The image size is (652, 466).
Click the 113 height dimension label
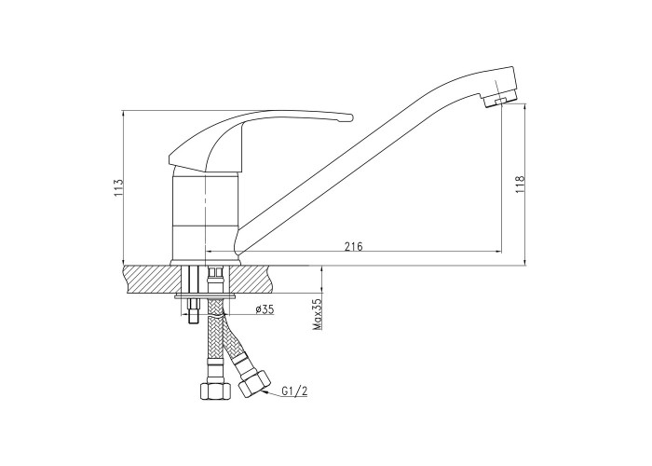pos(118,187)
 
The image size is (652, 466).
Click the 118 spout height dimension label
pos(520,184)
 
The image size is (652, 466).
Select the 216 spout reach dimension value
pos(353,246)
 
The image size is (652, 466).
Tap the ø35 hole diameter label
pos(264,309)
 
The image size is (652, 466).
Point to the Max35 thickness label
pos(318,314)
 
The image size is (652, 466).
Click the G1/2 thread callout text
pos(294,391)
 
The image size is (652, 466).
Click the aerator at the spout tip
pos(497,101)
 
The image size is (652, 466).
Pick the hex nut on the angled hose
pos(254,384)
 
